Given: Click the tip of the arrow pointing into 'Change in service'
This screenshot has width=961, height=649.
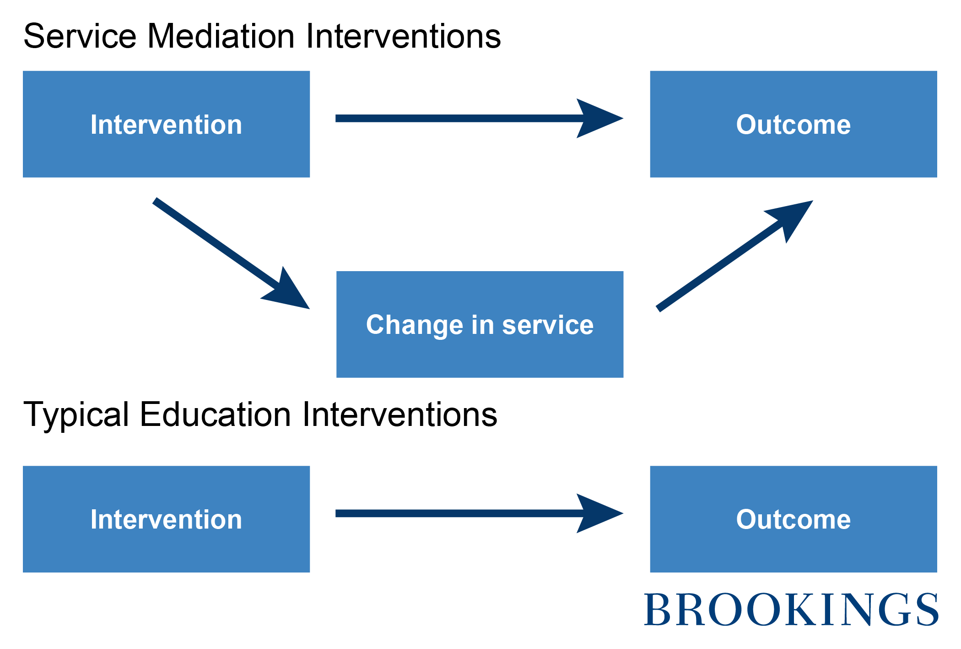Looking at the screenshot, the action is pyautogui.click(x=310, y=309).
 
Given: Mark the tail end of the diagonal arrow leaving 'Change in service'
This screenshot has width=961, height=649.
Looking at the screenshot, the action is pyautogui.click(x=659, y=309).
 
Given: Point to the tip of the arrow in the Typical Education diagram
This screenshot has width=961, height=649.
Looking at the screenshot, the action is pyautogui.click(x=623, y=513).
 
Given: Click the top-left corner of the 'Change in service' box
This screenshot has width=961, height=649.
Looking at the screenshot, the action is pyautogui.click(x=336, y=271).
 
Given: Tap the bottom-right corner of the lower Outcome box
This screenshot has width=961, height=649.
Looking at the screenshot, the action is pyautogui.click(x=937, y=573).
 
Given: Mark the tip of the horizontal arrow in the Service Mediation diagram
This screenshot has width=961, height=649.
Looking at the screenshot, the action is pyautogui.click(x=623, y=118).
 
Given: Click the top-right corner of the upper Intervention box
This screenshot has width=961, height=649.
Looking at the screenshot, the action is pyautogui.click(x=310, y=71).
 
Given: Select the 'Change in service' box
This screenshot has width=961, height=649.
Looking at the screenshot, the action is pyautogui.click(x=480, y=324).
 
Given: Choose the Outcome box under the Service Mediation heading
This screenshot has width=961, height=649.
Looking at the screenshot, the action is pyautogui.click(x=794, y=124).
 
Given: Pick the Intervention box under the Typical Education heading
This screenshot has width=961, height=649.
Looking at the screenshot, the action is pyautogui.click(x=166, y=519).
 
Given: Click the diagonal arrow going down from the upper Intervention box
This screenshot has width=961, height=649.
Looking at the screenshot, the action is pyautogui.click(x=232, y=254).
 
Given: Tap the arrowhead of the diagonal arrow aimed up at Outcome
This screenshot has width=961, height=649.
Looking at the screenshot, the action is pyautogui.click(x=792, y=219).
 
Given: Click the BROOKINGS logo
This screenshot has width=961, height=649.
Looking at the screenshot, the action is pyautogui.click(x=791, y=609).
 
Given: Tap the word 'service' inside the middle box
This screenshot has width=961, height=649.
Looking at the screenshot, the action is pyautogui.click(x=548, y=325).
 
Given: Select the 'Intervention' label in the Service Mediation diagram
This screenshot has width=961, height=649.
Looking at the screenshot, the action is pyautogui.click(x=166, y=125).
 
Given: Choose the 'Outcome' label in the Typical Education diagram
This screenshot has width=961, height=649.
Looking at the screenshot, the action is pyautogui.click(x=794, y=519).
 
